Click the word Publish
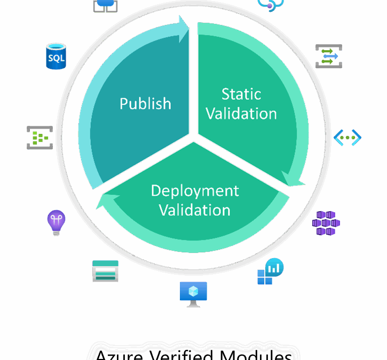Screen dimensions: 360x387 (x=145, y=103)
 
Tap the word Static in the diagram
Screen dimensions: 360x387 (x=241, y=94)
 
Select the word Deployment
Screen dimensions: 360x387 (x=195, y=190)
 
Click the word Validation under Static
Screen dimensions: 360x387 (x=241, y=114)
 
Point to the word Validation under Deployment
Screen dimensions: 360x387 (x=195, y=210)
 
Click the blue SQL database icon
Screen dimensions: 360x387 (x=56, y=57)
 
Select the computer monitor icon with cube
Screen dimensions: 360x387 (x=193, y=294)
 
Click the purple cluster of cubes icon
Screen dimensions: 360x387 (x=326, y=223)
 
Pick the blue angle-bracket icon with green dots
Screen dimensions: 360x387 (x=347, y=138)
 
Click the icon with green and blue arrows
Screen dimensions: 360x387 (x=328, y=56)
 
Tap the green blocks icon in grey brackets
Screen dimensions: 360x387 (x=40, y=138)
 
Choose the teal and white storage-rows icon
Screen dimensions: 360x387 (x=105, y=271)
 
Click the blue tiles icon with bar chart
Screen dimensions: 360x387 (x=270, y=271)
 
